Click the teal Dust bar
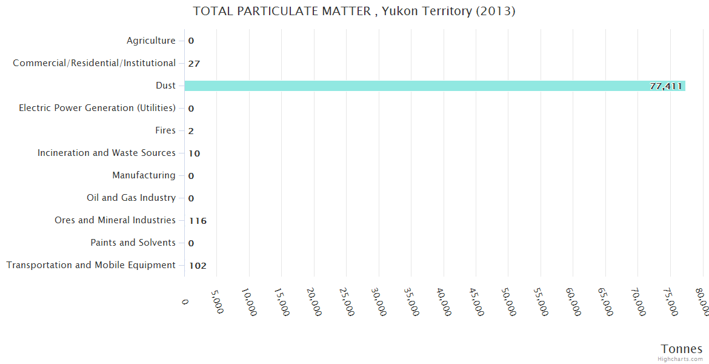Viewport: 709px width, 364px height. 424,86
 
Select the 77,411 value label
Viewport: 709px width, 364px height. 666,86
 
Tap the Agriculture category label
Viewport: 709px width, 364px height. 151,41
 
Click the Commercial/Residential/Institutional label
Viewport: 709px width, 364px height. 94,63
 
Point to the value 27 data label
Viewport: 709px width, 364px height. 194,64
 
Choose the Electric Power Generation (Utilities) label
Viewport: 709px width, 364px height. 97,108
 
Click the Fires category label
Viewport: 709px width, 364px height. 165,130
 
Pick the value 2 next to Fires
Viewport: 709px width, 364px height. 191,131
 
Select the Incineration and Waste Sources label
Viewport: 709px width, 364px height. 107,153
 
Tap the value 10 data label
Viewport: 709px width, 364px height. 194,153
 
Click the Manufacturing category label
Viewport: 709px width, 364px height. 144,175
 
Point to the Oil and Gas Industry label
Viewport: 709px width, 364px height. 131,198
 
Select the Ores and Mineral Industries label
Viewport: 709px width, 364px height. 115,220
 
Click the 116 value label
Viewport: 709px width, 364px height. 198,221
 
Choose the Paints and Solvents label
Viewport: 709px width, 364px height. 133,243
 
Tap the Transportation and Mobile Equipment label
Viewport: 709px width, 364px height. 91,265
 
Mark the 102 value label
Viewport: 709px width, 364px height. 198,266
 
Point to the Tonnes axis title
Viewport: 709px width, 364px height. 682,349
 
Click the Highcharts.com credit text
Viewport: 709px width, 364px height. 681,359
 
